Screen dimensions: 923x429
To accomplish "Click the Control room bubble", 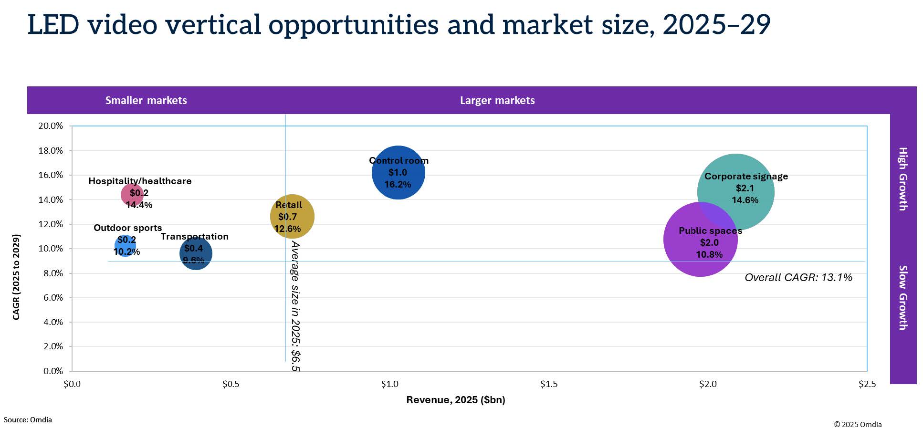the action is (398, 172).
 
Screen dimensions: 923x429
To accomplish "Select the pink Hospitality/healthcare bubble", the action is (132, 194).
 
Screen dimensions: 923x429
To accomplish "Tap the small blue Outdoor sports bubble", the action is (125, 246).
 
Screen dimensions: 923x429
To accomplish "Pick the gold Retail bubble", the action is (292, 216).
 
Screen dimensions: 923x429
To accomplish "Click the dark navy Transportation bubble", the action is (196, 253).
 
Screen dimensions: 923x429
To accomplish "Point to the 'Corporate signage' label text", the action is (746, 176).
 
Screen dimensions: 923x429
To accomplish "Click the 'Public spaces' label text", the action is (710, 230).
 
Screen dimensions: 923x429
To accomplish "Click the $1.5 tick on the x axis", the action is (548, 384).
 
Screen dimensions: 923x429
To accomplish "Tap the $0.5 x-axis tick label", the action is (231, 384).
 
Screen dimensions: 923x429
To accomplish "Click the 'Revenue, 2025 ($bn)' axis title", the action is (456, 400).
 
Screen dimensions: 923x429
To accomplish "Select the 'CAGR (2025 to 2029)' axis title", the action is (16, 277).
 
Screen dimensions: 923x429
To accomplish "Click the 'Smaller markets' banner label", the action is (146, 100).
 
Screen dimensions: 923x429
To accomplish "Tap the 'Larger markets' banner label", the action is (497, 100).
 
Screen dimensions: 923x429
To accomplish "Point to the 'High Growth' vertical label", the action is (902, 178).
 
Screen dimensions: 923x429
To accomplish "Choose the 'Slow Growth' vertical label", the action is (902, 297).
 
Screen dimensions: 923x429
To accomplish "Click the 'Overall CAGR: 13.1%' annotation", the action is (798, 277).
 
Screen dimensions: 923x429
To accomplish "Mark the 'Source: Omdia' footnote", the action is (28, 420).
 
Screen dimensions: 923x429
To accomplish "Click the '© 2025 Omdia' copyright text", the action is (858, 424).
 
